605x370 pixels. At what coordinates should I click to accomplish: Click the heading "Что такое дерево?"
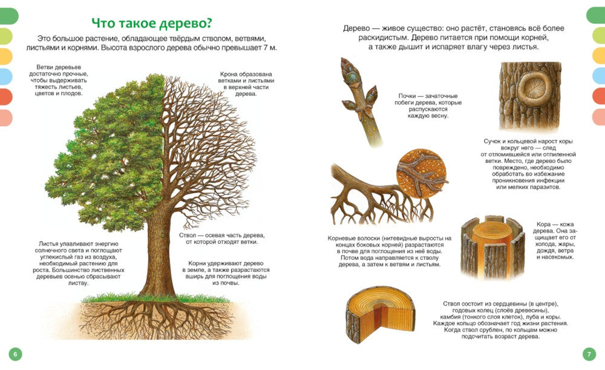point(152,23)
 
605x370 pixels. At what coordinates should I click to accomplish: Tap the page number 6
point(16,354)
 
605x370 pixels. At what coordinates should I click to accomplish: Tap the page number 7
point(589,354)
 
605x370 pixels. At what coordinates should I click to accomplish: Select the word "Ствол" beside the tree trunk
point(188,235)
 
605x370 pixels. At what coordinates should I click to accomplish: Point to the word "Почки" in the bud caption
point(407,96)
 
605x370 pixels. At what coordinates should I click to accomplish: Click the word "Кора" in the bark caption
point(543,225)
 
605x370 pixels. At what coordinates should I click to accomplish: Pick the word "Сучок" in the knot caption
point(492,141)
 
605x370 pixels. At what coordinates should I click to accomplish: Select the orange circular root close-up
point(421,173)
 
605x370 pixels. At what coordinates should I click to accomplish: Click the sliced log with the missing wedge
point(380,315)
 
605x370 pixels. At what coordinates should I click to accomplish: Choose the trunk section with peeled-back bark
point(492,247)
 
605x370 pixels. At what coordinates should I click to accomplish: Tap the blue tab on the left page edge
point(6,76)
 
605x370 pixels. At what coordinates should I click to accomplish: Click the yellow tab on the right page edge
point(599,56)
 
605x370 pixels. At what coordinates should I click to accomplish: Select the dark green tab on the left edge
point(9,16)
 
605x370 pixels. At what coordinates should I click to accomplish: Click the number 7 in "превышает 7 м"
point(266,48)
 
